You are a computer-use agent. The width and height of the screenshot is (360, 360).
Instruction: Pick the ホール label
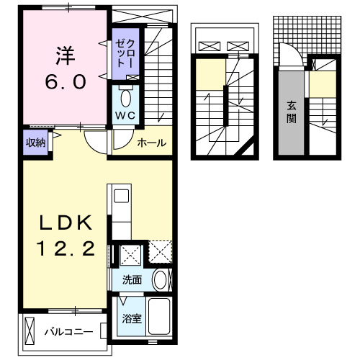(x=151, y=143)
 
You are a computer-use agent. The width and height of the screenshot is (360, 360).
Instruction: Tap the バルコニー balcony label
(x=67, y=332)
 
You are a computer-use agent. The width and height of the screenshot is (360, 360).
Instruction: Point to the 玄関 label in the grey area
(x=292, y=112)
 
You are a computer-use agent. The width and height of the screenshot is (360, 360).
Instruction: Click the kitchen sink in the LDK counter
(x=120, y=195)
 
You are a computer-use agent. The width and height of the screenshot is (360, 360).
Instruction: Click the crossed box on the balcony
(x=30, y=331)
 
